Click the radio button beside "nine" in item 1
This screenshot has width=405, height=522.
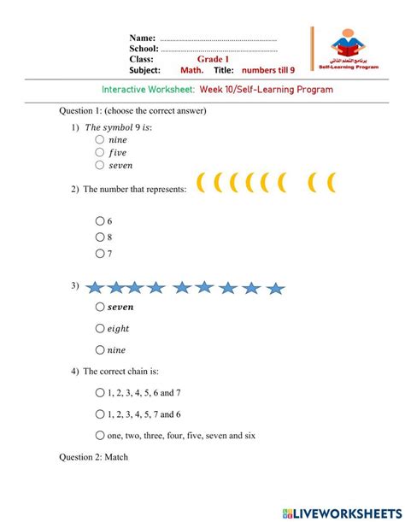[101, 139]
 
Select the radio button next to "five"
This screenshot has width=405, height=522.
[101, 152]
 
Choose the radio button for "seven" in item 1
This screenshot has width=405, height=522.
[101, 165]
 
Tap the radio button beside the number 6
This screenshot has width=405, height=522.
[101, 220]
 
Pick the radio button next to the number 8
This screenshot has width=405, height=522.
[101, 237]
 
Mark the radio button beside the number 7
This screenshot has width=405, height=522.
[101, 253]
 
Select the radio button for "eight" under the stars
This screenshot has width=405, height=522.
[101, 327]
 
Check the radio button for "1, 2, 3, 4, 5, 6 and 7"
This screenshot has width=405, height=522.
[101, 393]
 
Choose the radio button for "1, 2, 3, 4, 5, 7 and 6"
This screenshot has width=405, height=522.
[101, 414]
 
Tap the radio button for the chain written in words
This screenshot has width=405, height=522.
[101, 435]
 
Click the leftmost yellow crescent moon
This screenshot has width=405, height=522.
[202, 182]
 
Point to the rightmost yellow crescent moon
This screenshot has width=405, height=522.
[331, 182]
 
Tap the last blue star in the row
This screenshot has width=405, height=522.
[274, 288]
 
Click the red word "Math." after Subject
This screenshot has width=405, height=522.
[191, 70]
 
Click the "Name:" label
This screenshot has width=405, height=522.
[142, 38]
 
